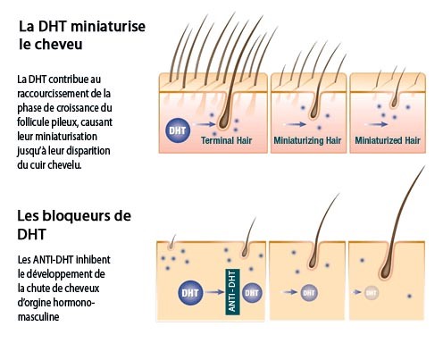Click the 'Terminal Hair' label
coord(226,140)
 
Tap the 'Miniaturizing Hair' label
coord(307,140)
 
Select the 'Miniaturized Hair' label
coord(388,140)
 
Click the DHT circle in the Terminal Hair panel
coord(178,130)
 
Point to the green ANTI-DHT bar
coord(232,292)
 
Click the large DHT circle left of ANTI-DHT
coord(190,293)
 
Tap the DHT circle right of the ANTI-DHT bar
coord(252,293)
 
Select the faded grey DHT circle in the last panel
coord(372,293)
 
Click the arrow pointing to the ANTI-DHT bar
coord(214,292)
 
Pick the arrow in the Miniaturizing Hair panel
coord(296,124)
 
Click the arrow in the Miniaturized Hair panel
coord(377,124)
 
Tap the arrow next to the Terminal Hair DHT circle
coord(204,124)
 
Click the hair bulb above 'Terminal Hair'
coord(223,121)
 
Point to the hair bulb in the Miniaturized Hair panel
coord(394,103)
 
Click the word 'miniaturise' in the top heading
coord(108,26)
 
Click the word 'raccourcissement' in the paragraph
coord(55,93)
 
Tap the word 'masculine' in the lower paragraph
coord(38,316)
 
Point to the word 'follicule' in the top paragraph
coord(36,122)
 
